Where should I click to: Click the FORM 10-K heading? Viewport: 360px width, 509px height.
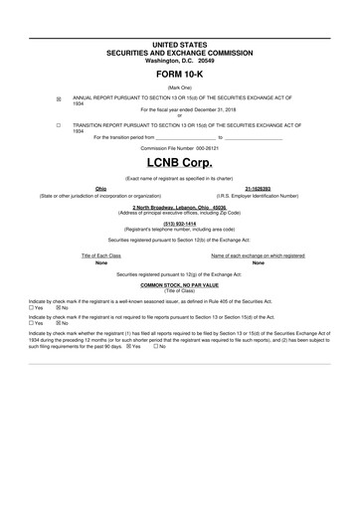[180, 74]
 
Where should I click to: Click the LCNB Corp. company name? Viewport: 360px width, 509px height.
[180, 161]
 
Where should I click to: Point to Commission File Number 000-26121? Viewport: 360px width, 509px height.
[180, 146]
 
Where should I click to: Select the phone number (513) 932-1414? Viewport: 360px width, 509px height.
[180, 224]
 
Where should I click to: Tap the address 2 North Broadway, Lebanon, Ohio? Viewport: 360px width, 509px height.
[180, 206]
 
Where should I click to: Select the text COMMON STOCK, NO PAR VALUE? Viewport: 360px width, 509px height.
[180, 284]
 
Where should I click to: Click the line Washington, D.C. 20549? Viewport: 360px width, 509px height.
[180, 60]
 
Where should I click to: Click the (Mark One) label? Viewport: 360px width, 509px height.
[180, 88]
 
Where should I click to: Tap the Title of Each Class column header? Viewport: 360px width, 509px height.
[100, 255]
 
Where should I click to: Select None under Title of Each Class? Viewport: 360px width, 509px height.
[100, 262]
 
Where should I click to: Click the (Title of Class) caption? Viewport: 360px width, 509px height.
[180, 290]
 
